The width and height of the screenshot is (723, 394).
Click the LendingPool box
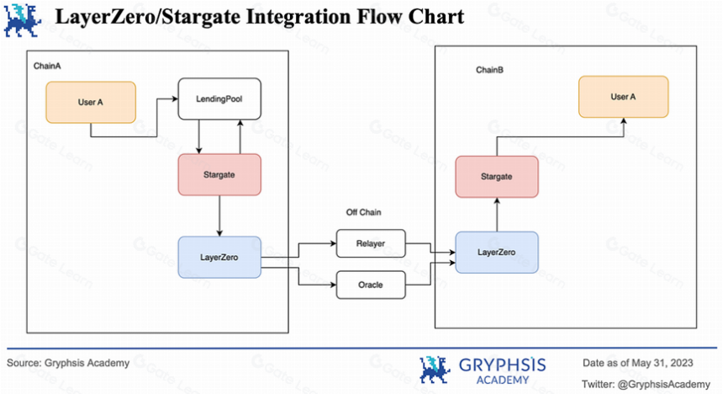click(219, 98)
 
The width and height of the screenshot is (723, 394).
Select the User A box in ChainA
click(91, 102)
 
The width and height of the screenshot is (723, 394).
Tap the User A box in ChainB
click(624, 97)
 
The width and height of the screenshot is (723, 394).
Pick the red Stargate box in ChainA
click(219, 174)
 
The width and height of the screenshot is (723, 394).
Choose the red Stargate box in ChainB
click(497, 177)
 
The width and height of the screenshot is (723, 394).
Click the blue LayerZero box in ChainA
click(219, 258)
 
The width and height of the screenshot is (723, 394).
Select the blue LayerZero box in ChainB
click(497, 253)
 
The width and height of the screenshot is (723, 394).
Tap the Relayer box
click(371, 243)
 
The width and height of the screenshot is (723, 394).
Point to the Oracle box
click(371, 285)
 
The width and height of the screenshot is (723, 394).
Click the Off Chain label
click(363, 212)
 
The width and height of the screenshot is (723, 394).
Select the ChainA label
click(47, 66)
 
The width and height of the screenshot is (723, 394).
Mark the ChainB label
click(489, 70)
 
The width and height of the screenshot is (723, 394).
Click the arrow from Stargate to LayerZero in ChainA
click(219, 216)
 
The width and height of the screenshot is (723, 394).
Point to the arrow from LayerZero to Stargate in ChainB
click(497, 215)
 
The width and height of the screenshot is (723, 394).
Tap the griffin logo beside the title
click(22, 20)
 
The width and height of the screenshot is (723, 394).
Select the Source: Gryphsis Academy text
click(68, 363)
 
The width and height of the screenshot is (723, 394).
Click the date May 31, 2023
click(662, 363)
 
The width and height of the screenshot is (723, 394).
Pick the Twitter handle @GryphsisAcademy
click(664, 384)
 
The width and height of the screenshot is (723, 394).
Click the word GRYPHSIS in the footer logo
click(503, 365)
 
